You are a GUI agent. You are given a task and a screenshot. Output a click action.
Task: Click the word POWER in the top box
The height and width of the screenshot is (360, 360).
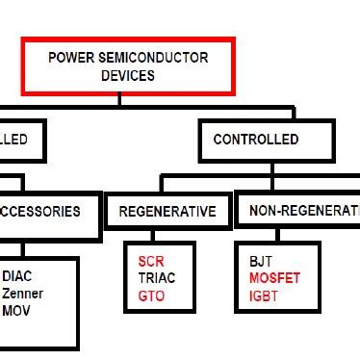click(71, 58)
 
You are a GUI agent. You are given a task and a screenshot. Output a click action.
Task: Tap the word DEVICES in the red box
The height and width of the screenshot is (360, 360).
click(128, 75)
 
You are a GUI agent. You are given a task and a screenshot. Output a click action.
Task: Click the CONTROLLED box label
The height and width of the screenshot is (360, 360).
click(256, 140)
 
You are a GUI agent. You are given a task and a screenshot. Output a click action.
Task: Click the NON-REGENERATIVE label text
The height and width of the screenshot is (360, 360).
click(304, 211)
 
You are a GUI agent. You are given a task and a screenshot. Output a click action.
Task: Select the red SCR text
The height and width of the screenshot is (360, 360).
click(150, 261)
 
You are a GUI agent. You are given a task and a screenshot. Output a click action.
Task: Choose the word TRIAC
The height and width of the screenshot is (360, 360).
click(157, 277)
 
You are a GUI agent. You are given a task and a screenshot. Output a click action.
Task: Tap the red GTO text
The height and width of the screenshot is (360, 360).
click(151, 295)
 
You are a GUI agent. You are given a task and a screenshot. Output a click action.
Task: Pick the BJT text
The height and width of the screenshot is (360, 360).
click(261, 260)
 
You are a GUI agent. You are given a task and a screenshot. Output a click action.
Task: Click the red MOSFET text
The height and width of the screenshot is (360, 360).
click(275, 277)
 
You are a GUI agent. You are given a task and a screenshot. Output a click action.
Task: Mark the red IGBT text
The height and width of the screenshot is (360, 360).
click(264, 295)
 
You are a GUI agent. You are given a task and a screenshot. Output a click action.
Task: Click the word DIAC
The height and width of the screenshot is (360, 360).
click(17, 275)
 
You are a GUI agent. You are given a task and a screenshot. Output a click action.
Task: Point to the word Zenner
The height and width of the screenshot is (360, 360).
click(23, 293)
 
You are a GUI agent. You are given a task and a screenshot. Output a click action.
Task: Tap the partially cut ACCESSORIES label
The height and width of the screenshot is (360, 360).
click(42, 211)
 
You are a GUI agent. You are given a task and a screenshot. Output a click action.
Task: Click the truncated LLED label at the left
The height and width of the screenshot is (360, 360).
click(13, 140)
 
